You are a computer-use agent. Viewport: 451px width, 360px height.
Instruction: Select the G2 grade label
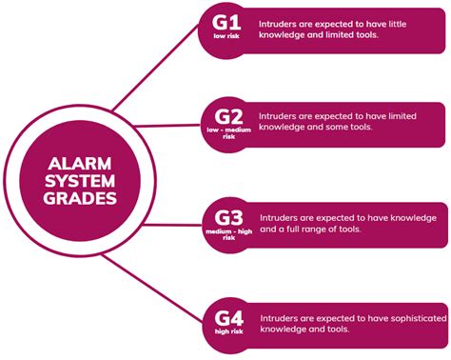tap(226, 115)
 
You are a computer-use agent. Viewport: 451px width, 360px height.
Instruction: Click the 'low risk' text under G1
tap(226, 39)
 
